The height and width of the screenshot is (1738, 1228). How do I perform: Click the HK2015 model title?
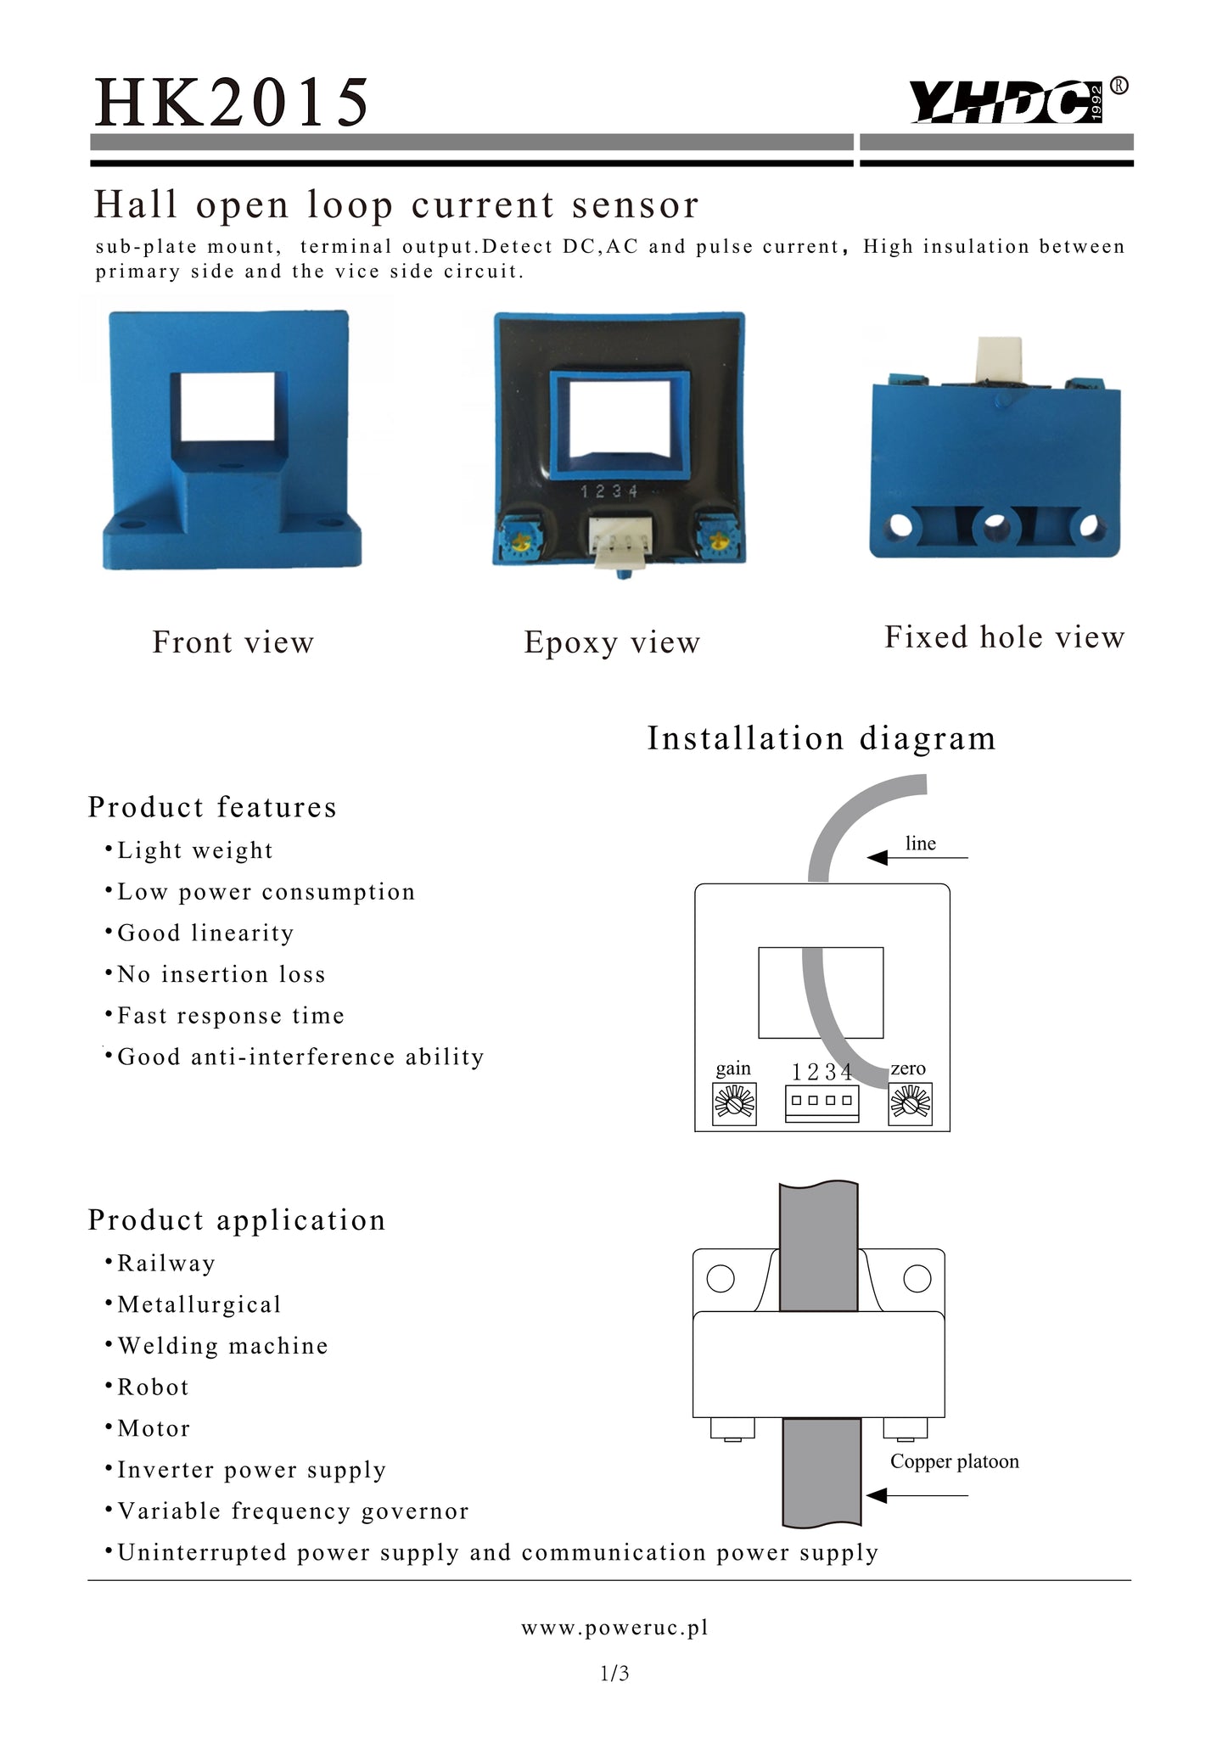[232, 104]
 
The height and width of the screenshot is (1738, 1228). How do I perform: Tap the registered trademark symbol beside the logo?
[1119, 85]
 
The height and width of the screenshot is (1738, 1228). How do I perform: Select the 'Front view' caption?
[233, 642]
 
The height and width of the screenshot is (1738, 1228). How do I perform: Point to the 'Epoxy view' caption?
[612, 643]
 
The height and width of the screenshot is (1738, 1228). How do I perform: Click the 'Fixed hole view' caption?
[1005, 636]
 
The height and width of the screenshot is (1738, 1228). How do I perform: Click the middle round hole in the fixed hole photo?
[995, 527]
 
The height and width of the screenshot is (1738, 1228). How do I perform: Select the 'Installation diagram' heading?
[821, 738]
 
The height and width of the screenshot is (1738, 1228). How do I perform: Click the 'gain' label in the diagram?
[733, 1069]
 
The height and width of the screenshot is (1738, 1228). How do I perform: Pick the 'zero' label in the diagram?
[908, 1068]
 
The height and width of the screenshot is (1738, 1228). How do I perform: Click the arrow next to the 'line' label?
[917, 858]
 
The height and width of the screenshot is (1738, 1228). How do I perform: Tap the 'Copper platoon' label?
[955, 1461]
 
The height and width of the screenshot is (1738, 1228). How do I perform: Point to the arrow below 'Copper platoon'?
[917, 1495]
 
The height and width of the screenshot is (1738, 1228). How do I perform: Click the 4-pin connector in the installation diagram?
[822, 1103]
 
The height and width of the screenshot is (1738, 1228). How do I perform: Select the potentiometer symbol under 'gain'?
[734, 1104]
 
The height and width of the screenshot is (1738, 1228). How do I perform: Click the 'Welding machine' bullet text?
[222, 1346]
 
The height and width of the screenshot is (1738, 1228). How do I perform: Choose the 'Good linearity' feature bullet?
[205, 933]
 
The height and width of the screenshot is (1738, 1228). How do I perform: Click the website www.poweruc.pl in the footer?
[614, 1628]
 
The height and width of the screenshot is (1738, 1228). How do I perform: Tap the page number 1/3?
[614, 1674]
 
